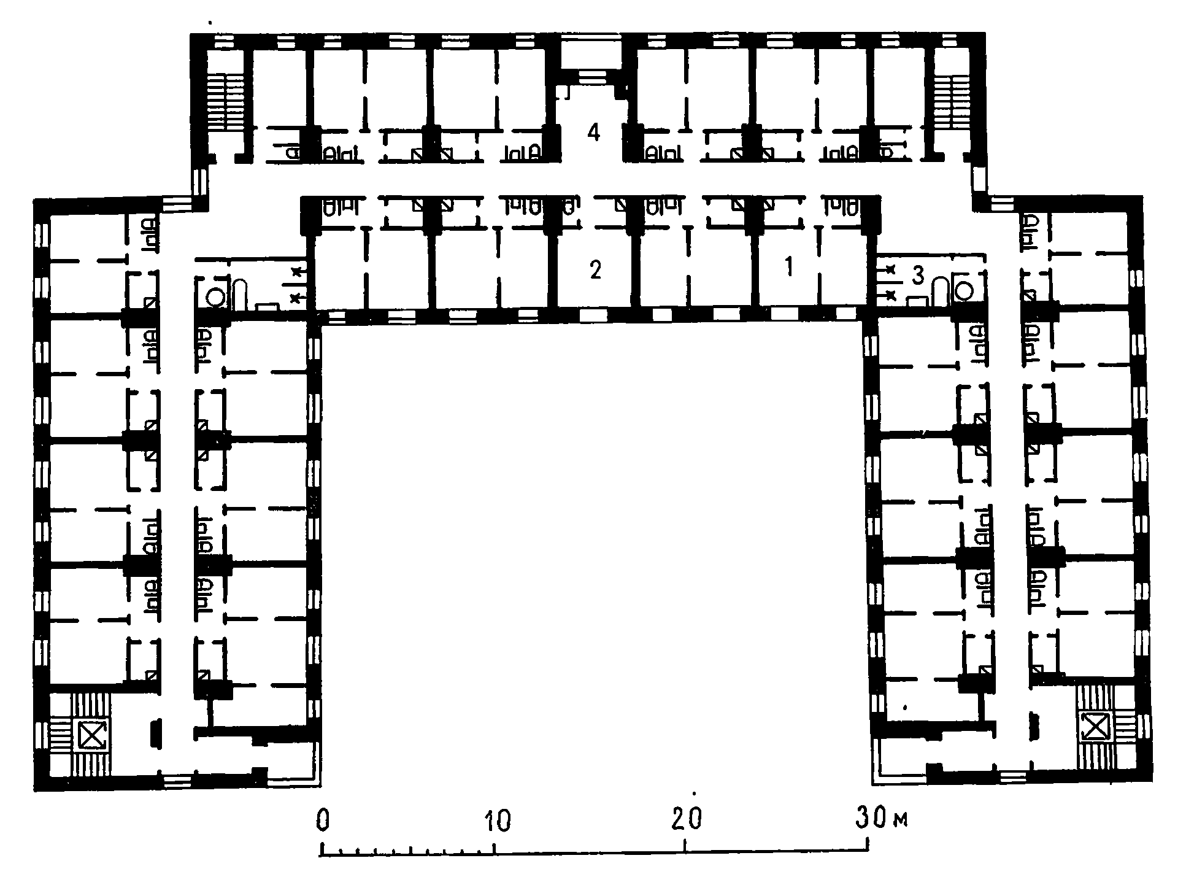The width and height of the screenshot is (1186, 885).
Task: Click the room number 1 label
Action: coord(790,268)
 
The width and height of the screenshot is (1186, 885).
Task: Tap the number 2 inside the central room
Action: coord(595,269)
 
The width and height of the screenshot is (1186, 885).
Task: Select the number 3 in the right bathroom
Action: coord(918,277)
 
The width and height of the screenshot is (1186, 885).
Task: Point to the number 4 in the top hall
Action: coord(593,131)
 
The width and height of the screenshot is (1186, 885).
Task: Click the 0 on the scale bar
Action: coord(323,821)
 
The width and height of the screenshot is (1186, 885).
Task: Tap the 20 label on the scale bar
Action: coord(687,819)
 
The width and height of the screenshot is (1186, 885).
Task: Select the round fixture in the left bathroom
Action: coord(214,296)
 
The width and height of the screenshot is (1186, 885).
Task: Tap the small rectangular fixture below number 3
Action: coord(916,301)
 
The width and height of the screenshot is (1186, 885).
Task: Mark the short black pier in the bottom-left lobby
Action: coord(155,734)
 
